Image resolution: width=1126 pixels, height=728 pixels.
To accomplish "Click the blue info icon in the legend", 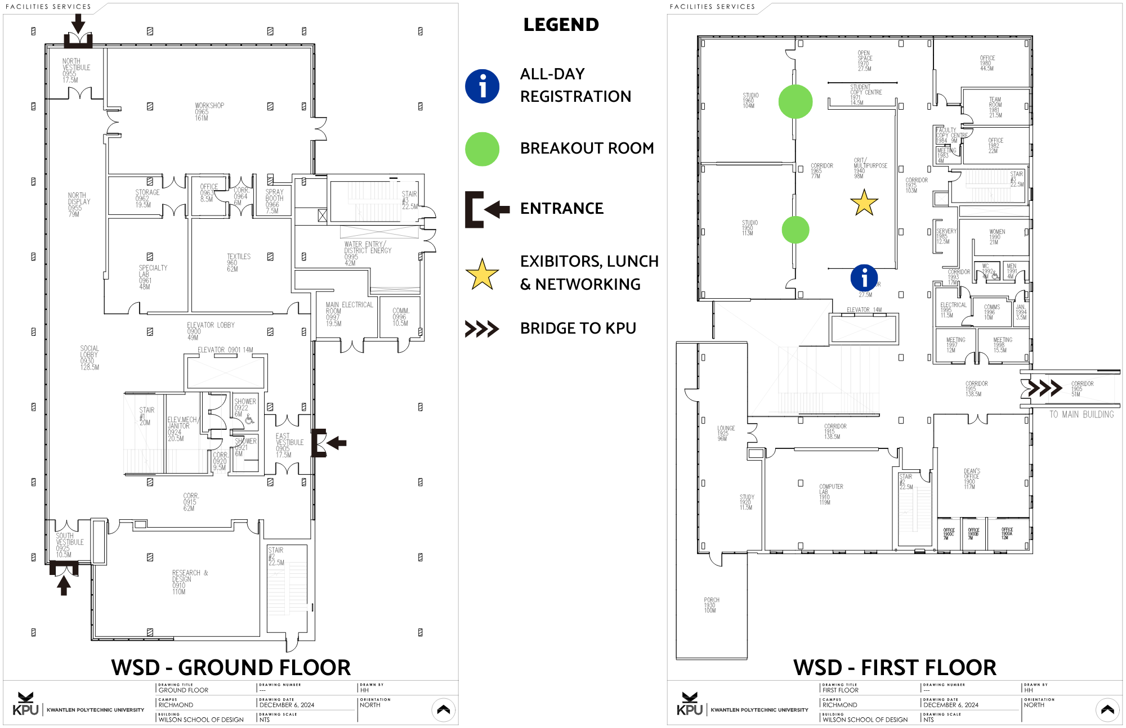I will click(482, 86).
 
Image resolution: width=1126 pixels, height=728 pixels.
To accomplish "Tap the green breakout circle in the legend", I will click(482, 149).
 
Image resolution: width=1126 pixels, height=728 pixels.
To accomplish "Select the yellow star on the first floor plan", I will click(864, 203).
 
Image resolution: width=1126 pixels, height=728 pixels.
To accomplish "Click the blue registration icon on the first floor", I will click(864, 278).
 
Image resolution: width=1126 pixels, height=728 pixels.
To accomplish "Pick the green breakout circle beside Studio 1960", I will click(795, 102).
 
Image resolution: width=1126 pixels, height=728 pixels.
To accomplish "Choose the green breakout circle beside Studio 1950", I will click(795, 230).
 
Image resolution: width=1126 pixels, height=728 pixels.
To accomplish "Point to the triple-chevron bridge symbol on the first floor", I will click(1044, 388).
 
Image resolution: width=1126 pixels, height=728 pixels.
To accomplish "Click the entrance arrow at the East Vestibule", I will click(337, 443).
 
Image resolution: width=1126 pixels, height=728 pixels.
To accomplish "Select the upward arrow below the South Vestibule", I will click(64, 586).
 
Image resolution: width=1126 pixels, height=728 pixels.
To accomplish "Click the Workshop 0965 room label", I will click(209, 111).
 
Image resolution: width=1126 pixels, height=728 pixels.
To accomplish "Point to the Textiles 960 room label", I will click(238, 262).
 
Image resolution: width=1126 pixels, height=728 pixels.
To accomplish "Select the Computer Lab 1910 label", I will click(830, 494).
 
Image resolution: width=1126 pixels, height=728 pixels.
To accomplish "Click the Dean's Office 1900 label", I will click(971, 479).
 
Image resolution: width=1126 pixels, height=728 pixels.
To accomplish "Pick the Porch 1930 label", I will click(711, 605).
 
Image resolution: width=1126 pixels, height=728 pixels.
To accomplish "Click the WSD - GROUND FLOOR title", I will click(231, 668).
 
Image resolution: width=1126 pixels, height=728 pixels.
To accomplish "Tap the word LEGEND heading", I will click(561, 25).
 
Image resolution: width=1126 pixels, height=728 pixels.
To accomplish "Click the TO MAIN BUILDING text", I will click(1081, 415).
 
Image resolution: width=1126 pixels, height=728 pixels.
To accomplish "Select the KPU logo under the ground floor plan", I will click(26, 704).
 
